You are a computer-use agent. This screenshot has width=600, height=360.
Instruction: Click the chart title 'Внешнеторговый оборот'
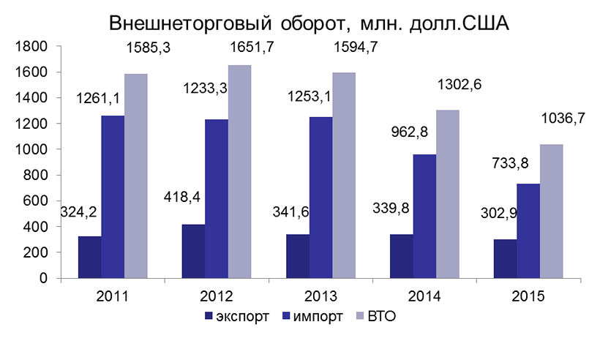pyautogui.click(x=308, y=23)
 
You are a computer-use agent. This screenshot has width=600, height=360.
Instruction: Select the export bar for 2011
pyautogui.click(x=89, y=257)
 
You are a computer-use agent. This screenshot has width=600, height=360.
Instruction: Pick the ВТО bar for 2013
pyautogui.click(x=344, y=175)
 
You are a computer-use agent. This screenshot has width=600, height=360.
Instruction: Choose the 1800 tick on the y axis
pyautogui.click(x=32, y=46)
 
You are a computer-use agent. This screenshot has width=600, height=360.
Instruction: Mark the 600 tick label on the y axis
pyautogui.click(x=36, y=200)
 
